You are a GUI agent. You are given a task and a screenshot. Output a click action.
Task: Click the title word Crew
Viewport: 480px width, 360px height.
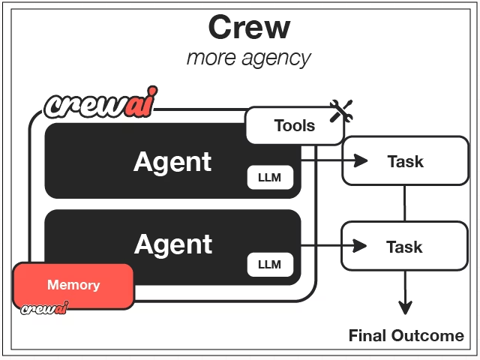tap(249, 27)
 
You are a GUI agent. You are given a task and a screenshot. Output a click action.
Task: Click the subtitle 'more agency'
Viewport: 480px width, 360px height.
tap(248, 58)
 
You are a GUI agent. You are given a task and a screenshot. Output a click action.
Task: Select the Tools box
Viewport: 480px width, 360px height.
tap(294, 125)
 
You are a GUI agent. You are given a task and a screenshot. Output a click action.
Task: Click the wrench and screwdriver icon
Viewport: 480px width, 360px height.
tap(341, 111)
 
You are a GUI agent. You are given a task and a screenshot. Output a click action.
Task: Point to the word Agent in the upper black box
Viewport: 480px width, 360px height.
tap(172, 161)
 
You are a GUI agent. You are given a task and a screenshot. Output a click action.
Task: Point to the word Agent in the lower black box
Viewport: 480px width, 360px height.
tap(172, 244)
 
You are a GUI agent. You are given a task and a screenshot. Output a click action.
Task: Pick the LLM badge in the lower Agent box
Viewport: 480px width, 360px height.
tap(269, 263)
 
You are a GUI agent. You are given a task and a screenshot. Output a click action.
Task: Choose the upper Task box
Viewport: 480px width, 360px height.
tap(404, 160)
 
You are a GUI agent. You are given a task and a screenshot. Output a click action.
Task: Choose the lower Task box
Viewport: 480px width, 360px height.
tap(404, 246)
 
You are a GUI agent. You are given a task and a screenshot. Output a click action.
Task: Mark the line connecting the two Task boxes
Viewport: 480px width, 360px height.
tap(405, 203)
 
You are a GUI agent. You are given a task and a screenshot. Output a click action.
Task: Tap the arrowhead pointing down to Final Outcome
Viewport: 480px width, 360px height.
tap(405, 307)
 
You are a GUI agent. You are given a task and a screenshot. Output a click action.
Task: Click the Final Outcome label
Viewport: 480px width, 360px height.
tap(406, 335)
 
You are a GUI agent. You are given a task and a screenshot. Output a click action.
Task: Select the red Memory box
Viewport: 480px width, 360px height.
tap(73, 285)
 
